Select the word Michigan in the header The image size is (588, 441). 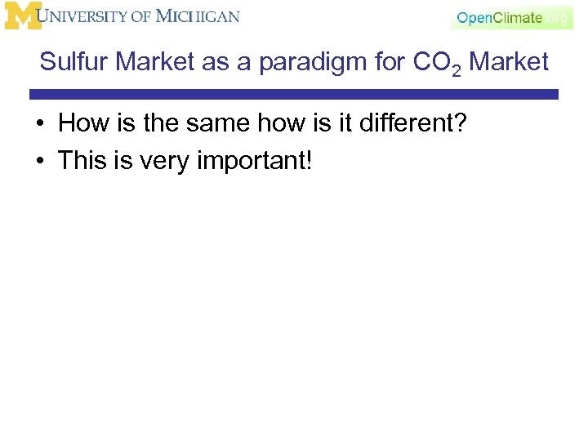tap(198, 16)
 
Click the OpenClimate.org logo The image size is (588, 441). tap(511, 17)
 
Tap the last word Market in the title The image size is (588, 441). tap(510, 62)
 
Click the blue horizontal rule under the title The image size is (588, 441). tap(294, 95)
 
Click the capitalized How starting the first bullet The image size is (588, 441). tap(79, 124)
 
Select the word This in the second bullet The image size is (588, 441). tap(82, 160)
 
